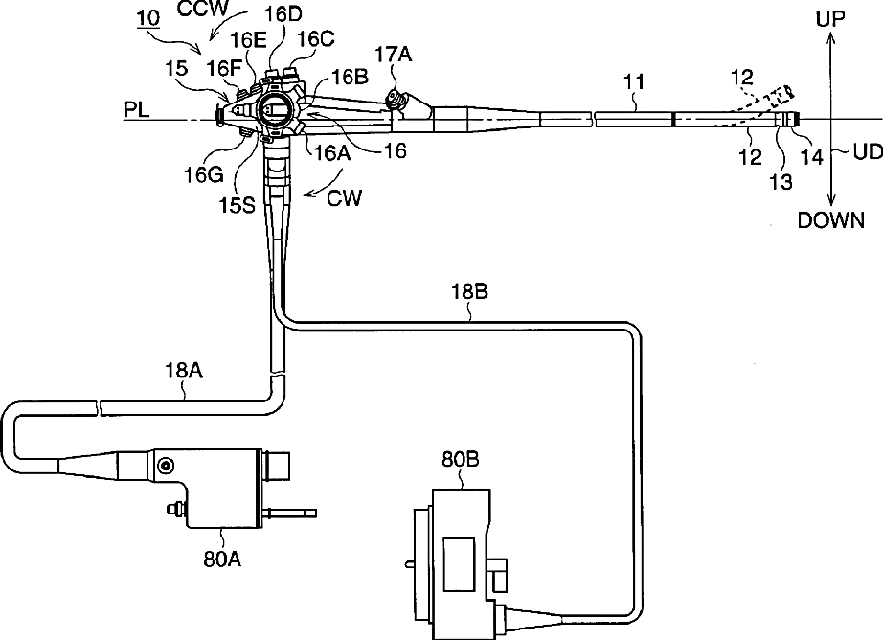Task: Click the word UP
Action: point(830,18)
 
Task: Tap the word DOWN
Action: point(830,221)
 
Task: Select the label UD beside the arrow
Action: point(857,152)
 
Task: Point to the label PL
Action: point(137,112)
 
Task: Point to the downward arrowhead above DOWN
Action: point(830,196)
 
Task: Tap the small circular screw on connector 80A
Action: point(166,466)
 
